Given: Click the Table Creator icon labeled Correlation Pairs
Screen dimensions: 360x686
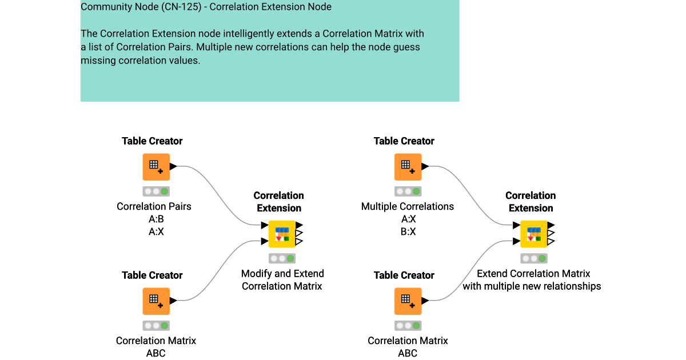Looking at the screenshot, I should (156, 167).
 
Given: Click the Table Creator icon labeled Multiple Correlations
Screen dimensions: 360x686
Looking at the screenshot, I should (408, 167).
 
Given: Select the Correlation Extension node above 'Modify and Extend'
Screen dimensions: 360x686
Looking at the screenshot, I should (282, 234).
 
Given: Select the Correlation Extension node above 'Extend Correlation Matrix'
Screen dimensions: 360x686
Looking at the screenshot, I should (534, 234).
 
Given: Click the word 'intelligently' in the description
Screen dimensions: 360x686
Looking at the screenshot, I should (228, 34).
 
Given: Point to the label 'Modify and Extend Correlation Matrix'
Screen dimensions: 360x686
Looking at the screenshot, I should (282, 280).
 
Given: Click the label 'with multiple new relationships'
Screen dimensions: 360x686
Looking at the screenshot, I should (532, 286).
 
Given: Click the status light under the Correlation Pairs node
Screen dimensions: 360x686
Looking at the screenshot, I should (156, 191).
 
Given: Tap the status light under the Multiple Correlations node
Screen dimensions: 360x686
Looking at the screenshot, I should (408, 191).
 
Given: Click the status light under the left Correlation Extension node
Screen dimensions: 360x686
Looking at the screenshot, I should (282, 258).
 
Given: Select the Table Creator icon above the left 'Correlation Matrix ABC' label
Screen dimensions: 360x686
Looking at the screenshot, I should (156, 301).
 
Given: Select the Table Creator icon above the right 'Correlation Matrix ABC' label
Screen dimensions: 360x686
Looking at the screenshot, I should (408, 301).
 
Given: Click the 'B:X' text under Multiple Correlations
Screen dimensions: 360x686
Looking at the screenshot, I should (408, 231).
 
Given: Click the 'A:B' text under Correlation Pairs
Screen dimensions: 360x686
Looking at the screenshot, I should (156, 219).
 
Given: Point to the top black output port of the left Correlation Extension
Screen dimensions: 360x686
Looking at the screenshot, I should (299, 225).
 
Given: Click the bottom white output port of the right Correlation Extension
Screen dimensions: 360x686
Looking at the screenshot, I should (551, 242).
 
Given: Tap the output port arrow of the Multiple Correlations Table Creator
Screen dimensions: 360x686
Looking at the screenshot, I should (425, 166).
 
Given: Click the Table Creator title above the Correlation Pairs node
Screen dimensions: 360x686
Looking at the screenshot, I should (152, 141).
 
